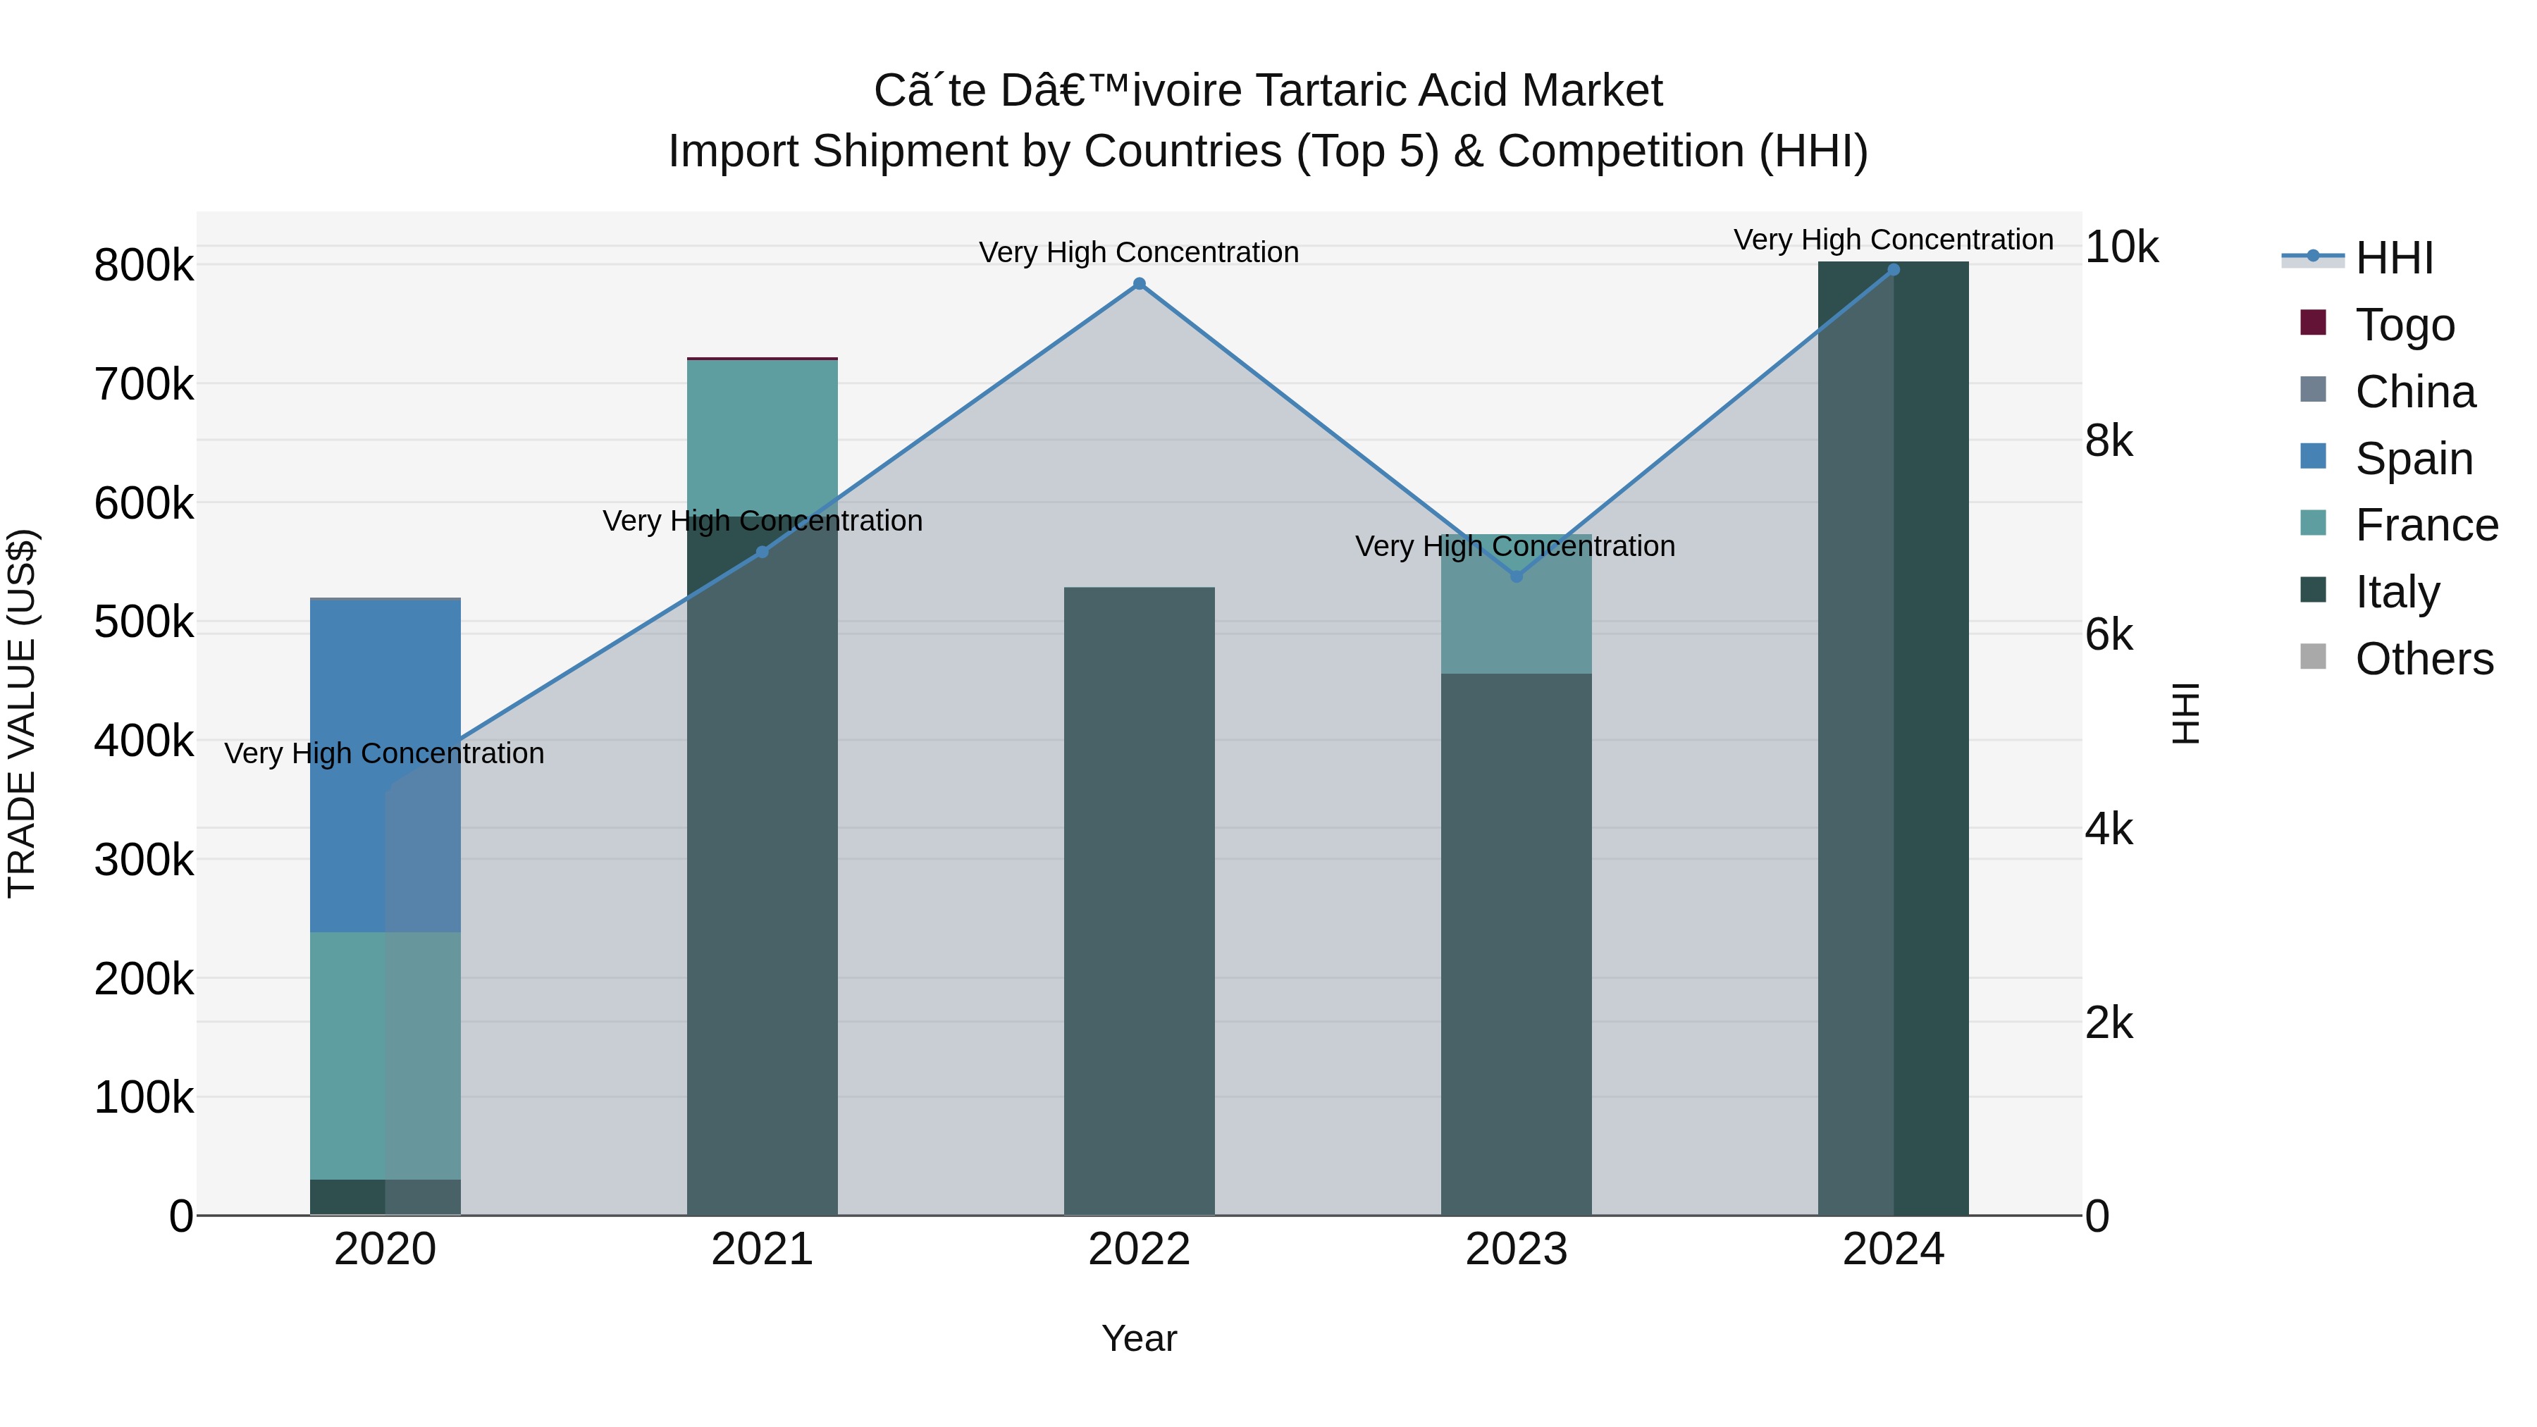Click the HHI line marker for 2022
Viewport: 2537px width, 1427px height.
1139,283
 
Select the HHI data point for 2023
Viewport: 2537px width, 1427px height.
1517,576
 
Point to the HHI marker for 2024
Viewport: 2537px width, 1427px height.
1893,270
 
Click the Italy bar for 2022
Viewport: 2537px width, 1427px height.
1139,901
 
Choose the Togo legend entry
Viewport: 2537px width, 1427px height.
2404,325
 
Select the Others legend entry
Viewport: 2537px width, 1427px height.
2424,659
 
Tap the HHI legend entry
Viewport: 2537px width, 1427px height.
2393,258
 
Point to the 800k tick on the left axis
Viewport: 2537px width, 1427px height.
144,266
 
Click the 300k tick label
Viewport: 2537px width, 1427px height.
144,860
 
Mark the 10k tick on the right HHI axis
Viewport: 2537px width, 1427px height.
2121,247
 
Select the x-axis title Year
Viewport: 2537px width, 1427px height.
1139,1338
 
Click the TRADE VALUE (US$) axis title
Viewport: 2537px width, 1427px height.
22,713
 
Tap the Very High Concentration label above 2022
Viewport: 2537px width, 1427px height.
1139,252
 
